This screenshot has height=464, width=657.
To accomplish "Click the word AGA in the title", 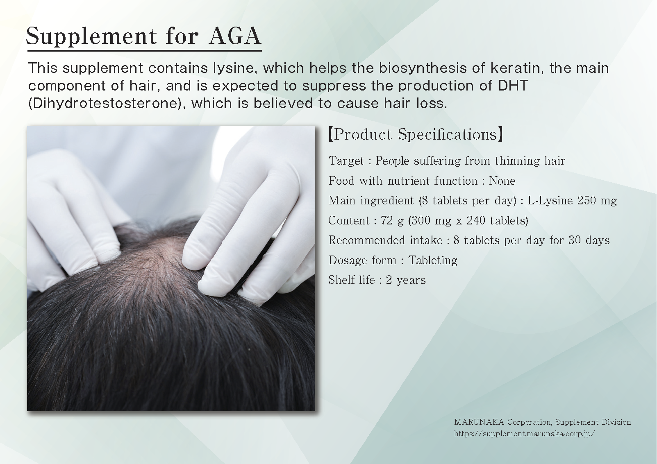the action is [234, 36].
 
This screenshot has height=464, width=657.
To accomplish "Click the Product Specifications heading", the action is [416, 134].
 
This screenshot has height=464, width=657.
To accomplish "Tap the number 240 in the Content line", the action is [476, 220].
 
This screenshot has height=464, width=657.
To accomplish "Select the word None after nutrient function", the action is [502, 181].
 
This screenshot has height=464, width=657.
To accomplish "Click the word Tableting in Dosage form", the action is [433, 260].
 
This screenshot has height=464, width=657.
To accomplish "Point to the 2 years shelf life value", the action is [406, 280].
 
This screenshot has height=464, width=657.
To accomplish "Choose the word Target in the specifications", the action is [346, 161].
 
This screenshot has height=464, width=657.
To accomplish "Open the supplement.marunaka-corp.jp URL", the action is [525, 434].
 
